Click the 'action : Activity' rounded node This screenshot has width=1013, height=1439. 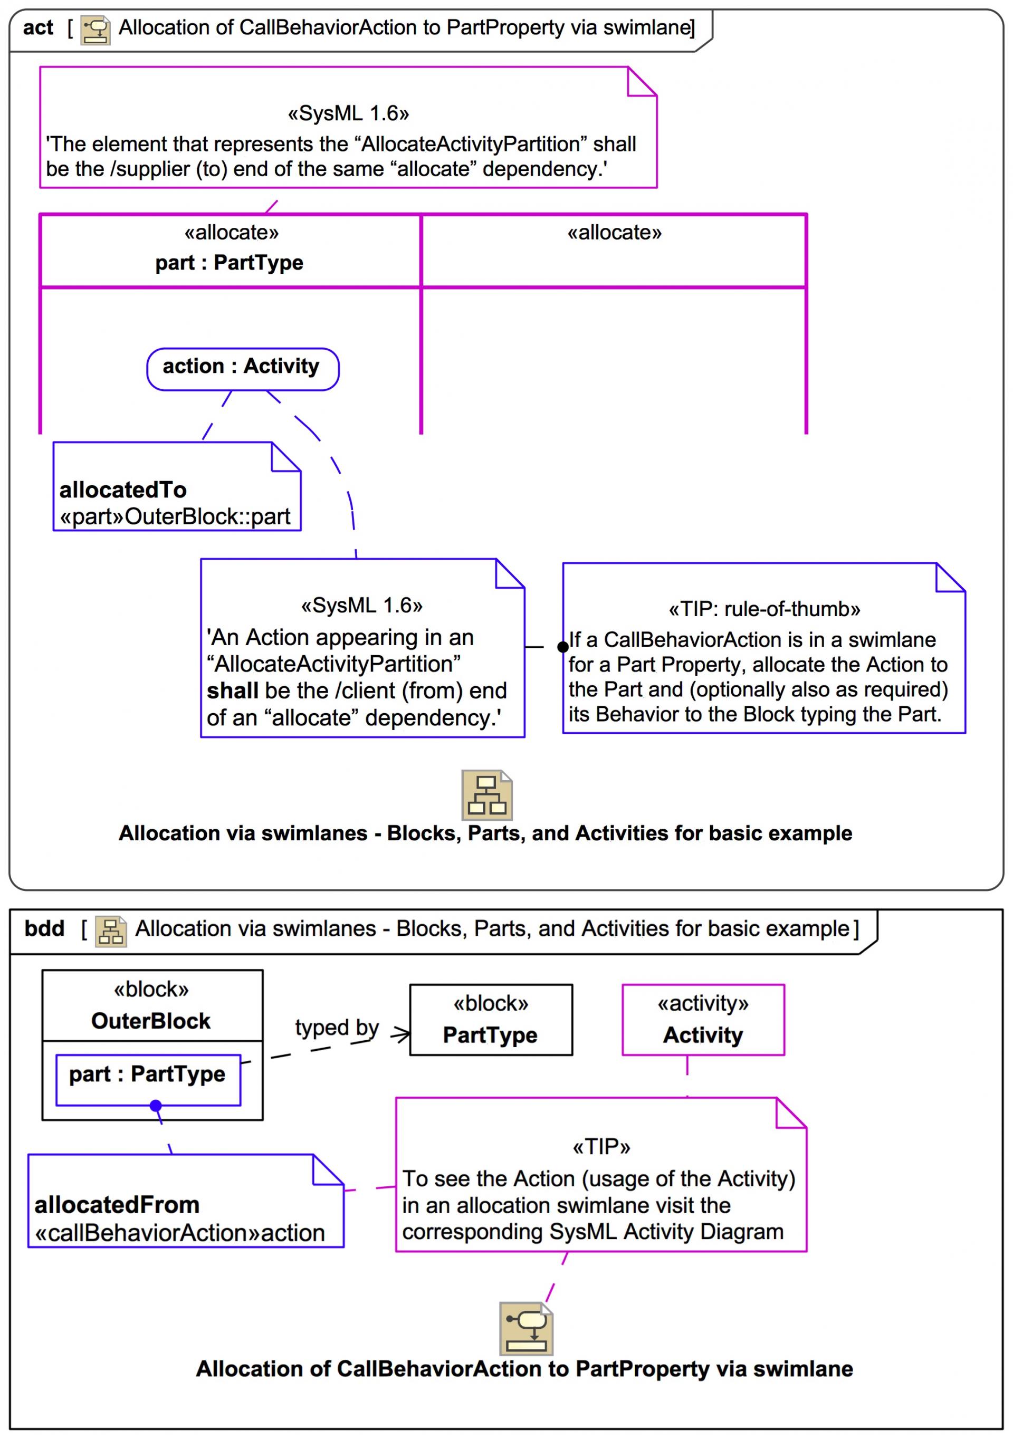tap(243, 369)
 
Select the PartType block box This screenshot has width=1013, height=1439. tap(491, 1020)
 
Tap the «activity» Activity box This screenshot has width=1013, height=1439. tap(703, 1020)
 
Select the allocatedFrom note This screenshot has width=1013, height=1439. tap(186, 1201)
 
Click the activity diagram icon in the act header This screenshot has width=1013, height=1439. tap(95, 30)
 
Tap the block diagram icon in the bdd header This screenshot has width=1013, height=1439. tap(111, 932)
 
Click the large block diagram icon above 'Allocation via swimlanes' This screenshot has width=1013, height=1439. tap(487, 795)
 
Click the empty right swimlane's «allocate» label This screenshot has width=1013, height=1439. tap(614, 233)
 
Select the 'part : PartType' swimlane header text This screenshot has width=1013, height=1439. tap(229, 263)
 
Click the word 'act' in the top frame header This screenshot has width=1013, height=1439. tap(37, 28)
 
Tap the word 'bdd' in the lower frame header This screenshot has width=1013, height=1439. tap(44, 928)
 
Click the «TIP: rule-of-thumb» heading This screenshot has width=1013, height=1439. tap(764, 609)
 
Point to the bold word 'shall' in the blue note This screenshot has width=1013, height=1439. tap(232, 690)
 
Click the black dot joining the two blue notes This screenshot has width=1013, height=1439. tap(563, 647)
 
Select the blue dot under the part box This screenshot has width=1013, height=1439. tap(156, 1106)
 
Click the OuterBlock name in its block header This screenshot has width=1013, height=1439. tap(150, 1021)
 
